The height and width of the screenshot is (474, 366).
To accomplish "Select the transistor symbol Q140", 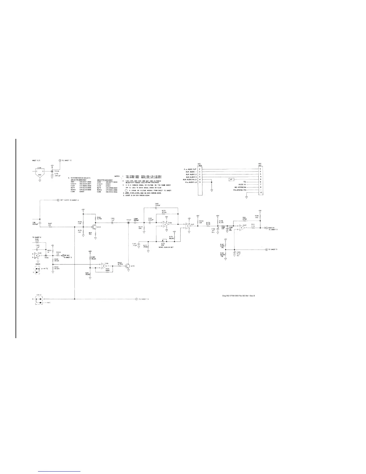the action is pos(128,266).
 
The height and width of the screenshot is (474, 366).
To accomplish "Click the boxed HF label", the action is pos(231,180).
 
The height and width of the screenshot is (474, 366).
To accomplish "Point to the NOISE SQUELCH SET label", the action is pos(166,247).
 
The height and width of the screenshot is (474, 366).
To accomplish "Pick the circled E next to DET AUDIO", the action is pos(58,200).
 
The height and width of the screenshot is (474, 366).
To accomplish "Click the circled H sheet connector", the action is pos(266,249).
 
